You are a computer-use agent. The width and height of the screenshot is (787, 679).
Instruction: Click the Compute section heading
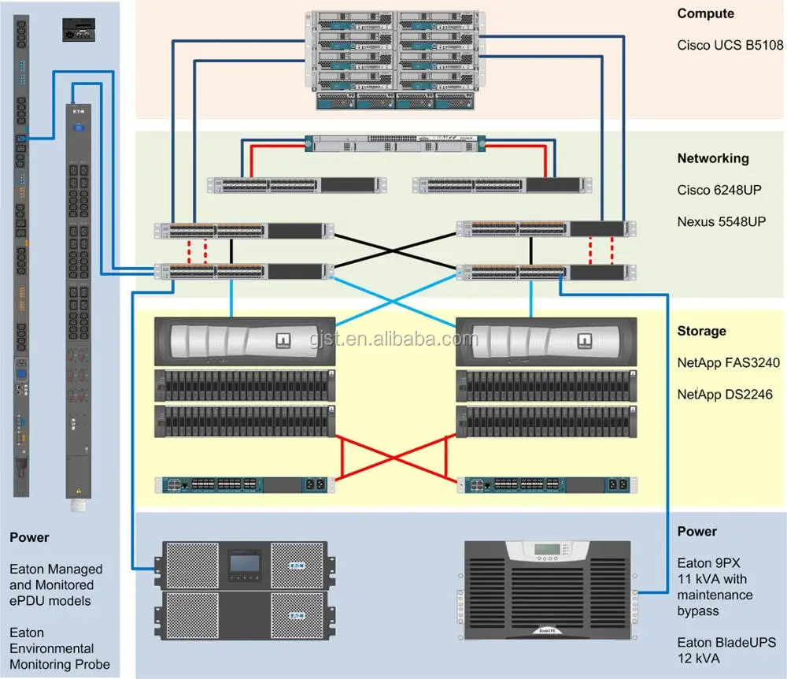click(x=705, y=13)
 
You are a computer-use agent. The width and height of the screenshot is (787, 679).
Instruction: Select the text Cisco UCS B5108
click(x=730, y=46)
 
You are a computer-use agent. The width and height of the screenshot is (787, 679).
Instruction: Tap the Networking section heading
click(x=712, y=158)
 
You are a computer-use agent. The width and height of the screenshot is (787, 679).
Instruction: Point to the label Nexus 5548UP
click(x=721, y=222)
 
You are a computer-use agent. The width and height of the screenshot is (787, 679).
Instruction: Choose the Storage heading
click(x=701, y=331)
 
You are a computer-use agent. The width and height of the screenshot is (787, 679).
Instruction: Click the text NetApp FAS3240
click(x=728, y=363)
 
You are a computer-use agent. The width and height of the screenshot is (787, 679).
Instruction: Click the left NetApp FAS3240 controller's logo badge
click(x=283, y=341)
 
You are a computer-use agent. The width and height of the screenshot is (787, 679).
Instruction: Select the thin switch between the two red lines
click(x=395, y=143)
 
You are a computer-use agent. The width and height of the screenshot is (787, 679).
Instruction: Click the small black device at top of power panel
click(x=79, y=31)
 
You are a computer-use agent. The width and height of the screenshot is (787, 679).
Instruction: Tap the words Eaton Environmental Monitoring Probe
click(x=59, y=648)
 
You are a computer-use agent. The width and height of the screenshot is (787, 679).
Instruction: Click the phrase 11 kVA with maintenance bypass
click(x=715, y=595)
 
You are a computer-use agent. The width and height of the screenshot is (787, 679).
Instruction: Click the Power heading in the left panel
click(x=29, y=537)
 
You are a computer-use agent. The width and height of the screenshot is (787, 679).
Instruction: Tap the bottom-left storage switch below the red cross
click(x=245, y=484)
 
